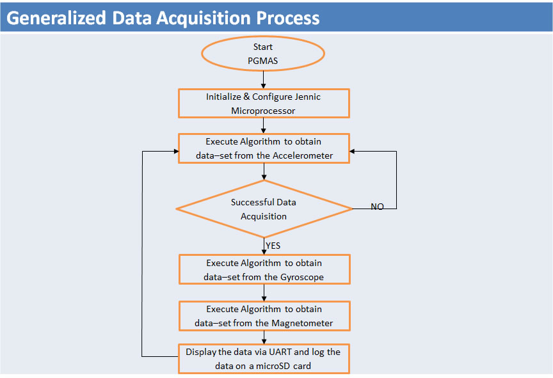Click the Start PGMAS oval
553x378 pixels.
click(263, 54)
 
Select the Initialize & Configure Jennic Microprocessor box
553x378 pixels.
click(264, 103)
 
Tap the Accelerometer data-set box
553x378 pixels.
click(264, 148)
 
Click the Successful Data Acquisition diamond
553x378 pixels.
click(264, 209)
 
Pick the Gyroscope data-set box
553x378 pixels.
click(264, 269)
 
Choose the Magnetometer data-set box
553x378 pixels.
click(264, 316)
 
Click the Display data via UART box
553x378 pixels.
click(264, 359)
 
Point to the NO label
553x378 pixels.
click(377, 207)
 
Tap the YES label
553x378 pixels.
click(273, 246)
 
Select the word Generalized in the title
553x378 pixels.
click(56, 18)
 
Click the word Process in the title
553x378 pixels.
click(288, 18)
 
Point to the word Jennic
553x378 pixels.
click(309, 97)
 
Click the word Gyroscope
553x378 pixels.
click(302, 277)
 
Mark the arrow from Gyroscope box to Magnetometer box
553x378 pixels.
click(264, 293)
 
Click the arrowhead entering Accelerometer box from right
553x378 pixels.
click(352, 152)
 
